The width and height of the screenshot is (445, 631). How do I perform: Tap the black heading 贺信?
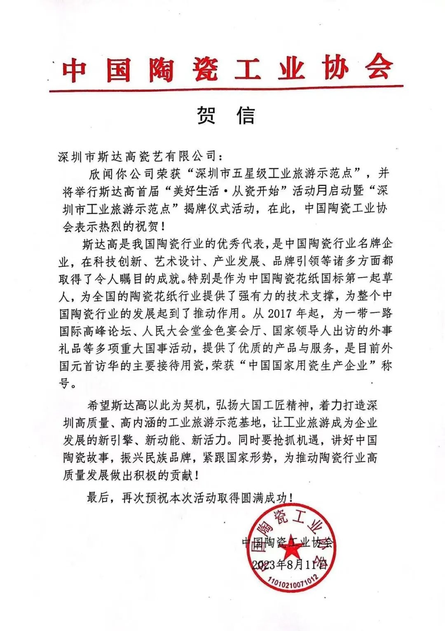[x=225, y=116]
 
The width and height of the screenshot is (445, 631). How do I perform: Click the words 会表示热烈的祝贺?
[x=111, y=227]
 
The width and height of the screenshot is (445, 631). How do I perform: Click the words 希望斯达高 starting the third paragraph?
[x=117, y=406]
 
